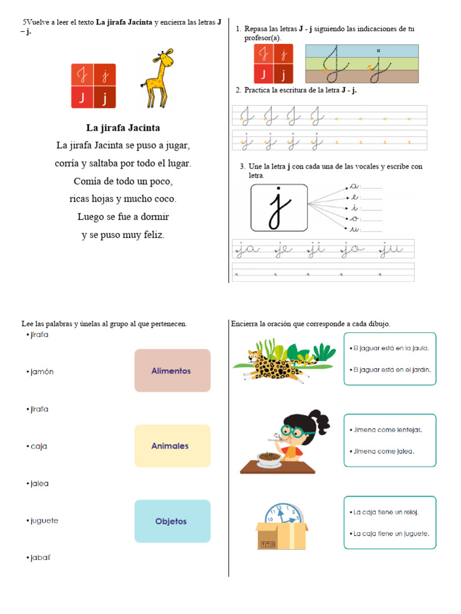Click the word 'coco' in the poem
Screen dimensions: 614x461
(x=166, y=198)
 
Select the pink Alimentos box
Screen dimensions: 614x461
(x=172, y=371)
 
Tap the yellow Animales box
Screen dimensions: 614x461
(x=172, y=446)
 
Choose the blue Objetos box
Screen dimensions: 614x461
(x=172, y=521)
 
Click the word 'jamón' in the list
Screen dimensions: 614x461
(x=42, y=372)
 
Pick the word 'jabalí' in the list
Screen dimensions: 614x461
(x=41, y=558)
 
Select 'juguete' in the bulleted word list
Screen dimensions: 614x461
(x=44, y=520)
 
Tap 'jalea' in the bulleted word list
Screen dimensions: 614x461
(x=40, y=483)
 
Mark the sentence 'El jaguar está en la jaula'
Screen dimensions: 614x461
(x=391, y=348)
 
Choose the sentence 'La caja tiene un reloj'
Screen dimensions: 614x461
(x=386, y=512)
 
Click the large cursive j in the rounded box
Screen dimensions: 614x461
(x=278, y=207)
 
